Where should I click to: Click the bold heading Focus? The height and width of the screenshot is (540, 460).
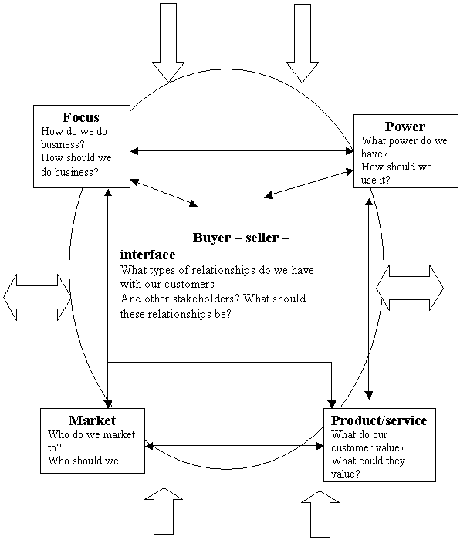(x=80, y=117)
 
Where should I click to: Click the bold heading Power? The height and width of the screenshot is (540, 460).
(x=405, y=127)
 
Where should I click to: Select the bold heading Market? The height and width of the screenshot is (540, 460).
(x=93, y=420)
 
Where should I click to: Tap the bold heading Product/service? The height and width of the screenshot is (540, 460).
(x=379, y=420)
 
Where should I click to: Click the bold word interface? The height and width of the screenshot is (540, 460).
(x=148, y=255)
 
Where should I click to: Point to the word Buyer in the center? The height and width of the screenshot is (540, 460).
(x=211, y=238)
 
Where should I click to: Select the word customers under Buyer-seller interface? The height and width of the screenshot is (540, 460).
(x=189, y=285)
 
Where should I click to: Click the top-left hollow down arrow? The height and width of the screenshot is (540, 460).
(x=168, y=43)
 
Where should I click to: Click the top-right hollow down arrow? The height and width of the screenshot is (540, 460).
(x=303, y=43)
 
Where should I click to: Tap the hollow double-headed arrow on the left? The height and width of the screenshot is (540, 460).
(x=37, y=297)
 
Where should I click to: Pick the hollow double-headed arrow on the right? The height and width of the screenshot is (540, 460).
(x=410, y=288)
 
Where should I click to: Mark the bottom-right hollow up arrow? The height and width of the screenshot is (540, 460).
(x=320, y=514)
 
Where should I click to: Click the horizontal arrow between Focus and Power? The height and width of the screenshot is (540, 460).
(x=242, y=151)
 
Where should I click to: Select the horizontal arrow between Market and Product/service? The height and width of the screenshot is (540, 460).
(x=235, y=446)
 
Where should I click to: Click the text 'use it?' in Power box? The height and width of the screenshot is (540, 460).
(x=376, y=180)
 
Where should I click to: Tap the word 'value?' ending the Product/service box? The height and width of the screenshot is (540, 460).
(x=346, y=474)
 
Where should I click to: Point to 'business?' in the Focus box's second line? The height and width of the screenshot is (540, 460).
(x=63, y=144)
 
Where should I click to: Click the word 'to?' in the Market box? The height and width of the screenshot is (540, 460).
(x=55, y=447)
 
